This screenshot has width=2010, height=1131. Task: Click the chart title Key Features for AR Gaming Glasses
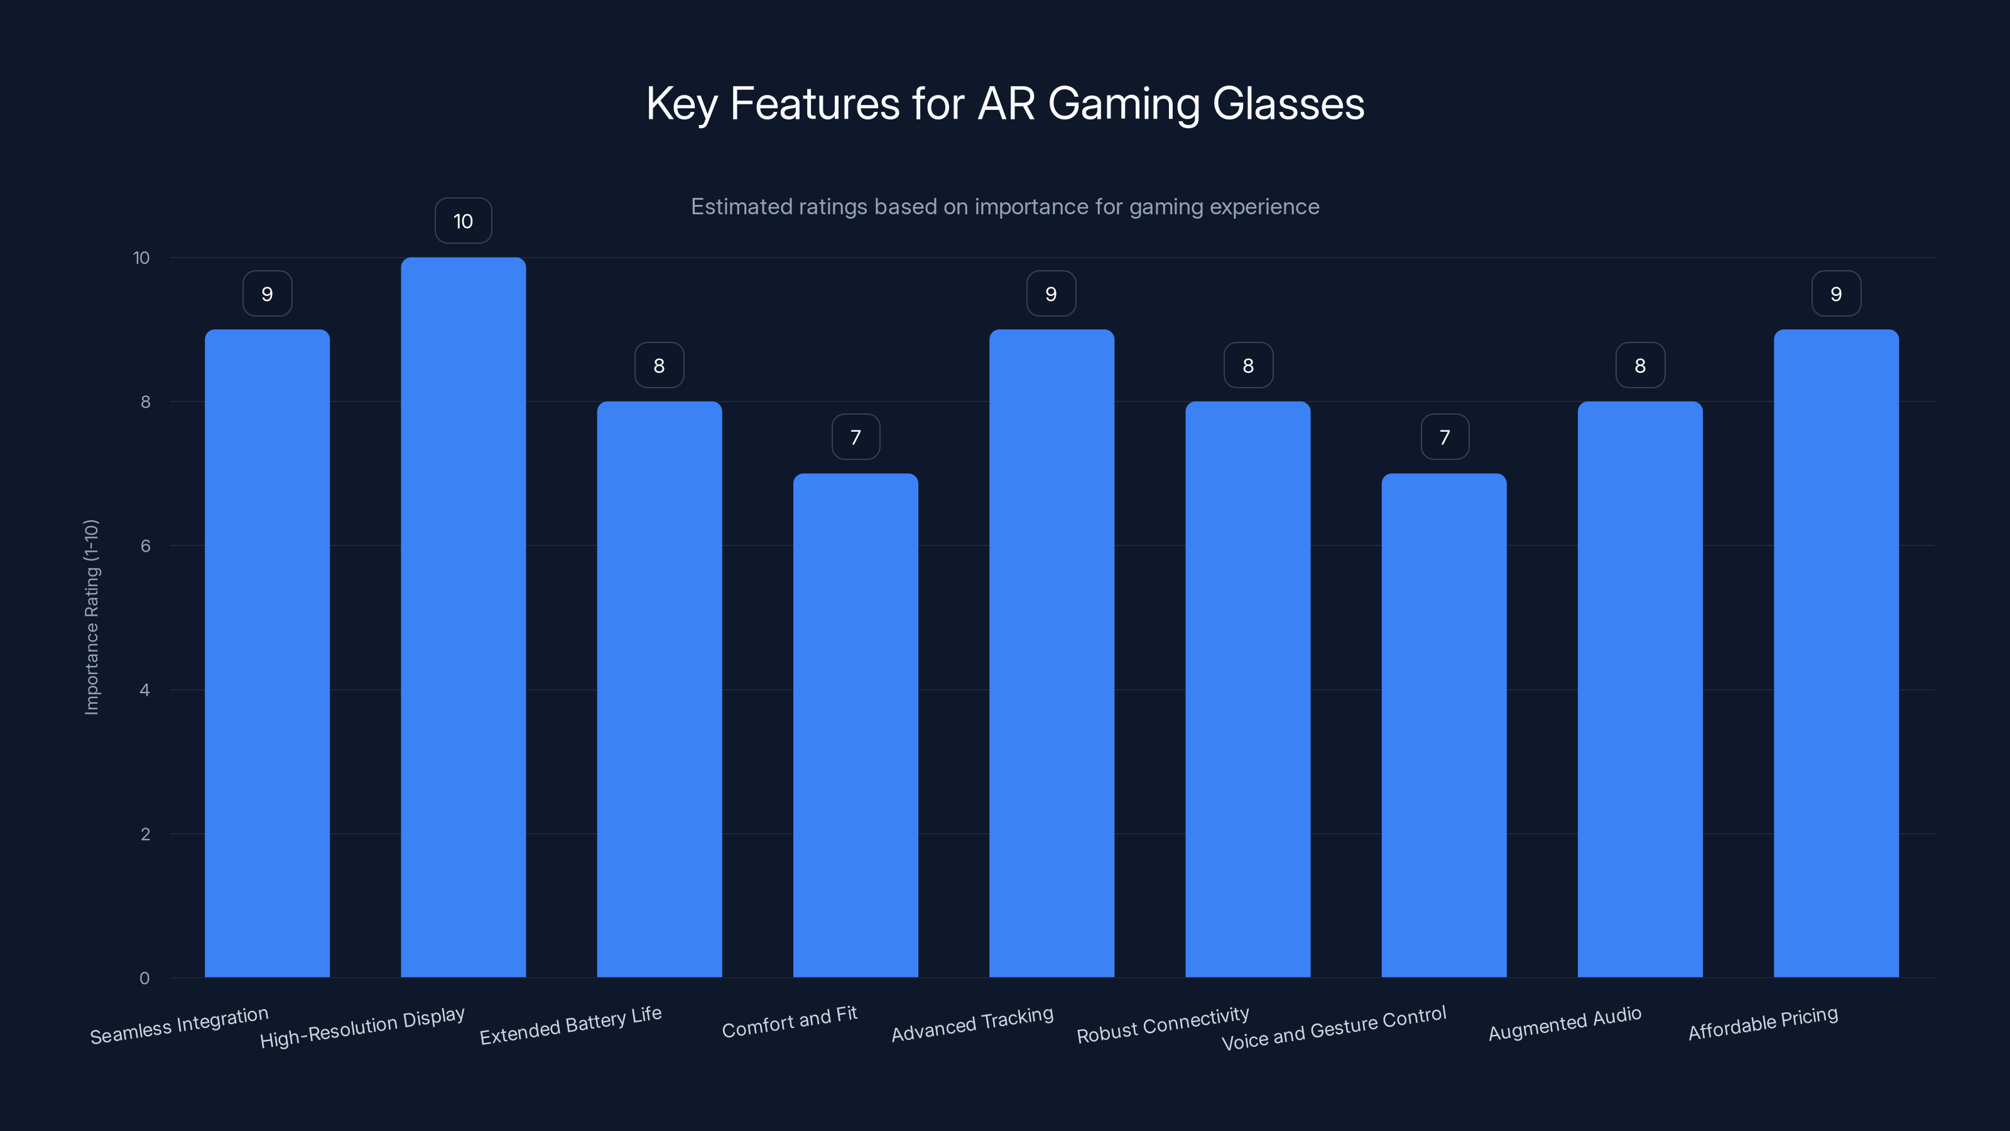(x=1005, y=104)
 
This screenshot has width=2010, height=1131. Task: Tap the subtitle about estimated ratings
(x=1005, y=207)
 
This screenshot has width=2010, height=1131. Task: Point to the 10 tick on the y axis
(x=141, y=258)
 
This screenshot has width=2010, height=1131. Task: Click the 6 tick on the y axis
(x=145, y=545)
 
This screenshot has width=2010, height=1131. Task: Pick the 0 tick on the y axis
(x=144, y=978)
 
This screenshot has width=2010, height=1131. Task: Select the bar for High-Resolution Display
(x=463, y=616)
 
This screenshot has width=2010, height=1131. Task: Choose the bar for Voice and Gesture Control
(x=1443, y=726)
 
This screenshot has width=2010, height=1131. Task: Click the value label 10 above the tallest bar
(x=463, y=221)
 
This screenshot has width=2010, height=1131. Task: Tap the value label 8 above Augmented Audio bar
(x=1640, y=365)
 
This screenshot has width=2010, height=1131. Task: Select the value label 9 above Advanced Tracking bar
(x=1051, y=293)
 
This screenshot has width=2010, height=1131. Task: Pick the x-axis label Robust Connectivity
(x=1163, y=1025)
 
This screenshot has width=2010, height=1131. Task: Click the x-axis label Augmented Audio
(x=1565, y=1024)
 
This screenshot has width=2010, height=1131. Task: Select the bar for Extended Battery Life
(x=660, y=689)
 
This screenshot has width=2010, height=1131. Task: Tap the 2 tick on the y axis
(x=145, y=834)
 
